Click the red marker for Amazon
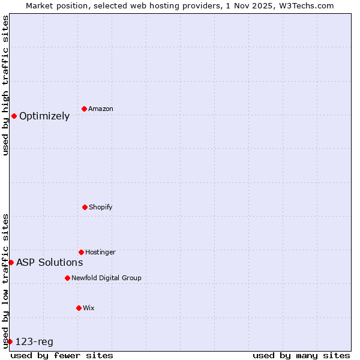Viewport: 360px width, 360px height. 84,109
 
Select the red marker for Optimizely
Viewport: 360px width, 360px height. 14,116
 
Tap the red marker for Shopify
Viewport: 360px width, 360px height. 85,207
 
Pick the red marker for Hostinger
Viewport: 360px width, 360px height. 81,252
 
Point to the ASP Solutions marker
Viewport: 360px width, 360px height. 11,262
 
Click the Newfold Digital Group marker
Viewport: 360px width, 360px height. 67,278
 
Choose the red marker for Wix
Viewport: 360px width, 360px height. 79,308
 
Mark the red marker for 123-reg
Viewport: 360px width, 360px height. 10,341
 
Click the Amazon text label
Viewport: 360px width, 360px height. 101,109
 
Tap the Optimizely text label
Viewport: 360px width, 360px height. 44,116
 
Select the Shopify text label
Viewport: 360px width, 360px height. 101,208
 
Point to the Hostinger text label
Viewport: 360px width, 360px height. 100,253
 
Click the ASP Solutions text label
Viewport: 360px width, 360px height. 49,262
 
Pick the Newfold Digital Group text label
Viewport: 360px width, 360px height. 106,278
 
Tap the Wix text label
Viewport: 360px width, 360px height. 89,308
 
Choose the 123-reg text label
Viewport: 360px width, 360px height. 34,342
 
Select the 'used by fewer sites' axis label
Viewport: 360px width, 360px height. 62,355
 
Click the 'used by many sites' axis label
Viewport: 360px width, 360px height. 301,355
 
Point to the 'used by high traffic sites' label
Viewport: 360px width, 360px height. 5,85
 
